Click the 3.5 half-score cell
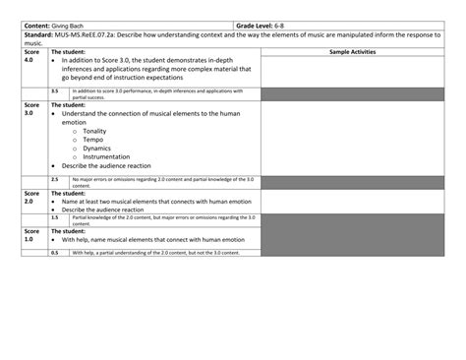(x=55, y=90)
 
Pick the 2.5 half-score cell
(x=55, y=180)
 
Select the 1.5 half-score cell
(x=55, y=217)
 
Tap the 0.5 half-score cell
(x=55, y=253)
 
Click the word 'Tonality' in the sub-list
(x=95, y=131)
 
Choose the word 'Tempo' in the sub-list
(x=93, y=140)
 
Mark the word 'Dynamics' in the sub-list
(x=97, y=149)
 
